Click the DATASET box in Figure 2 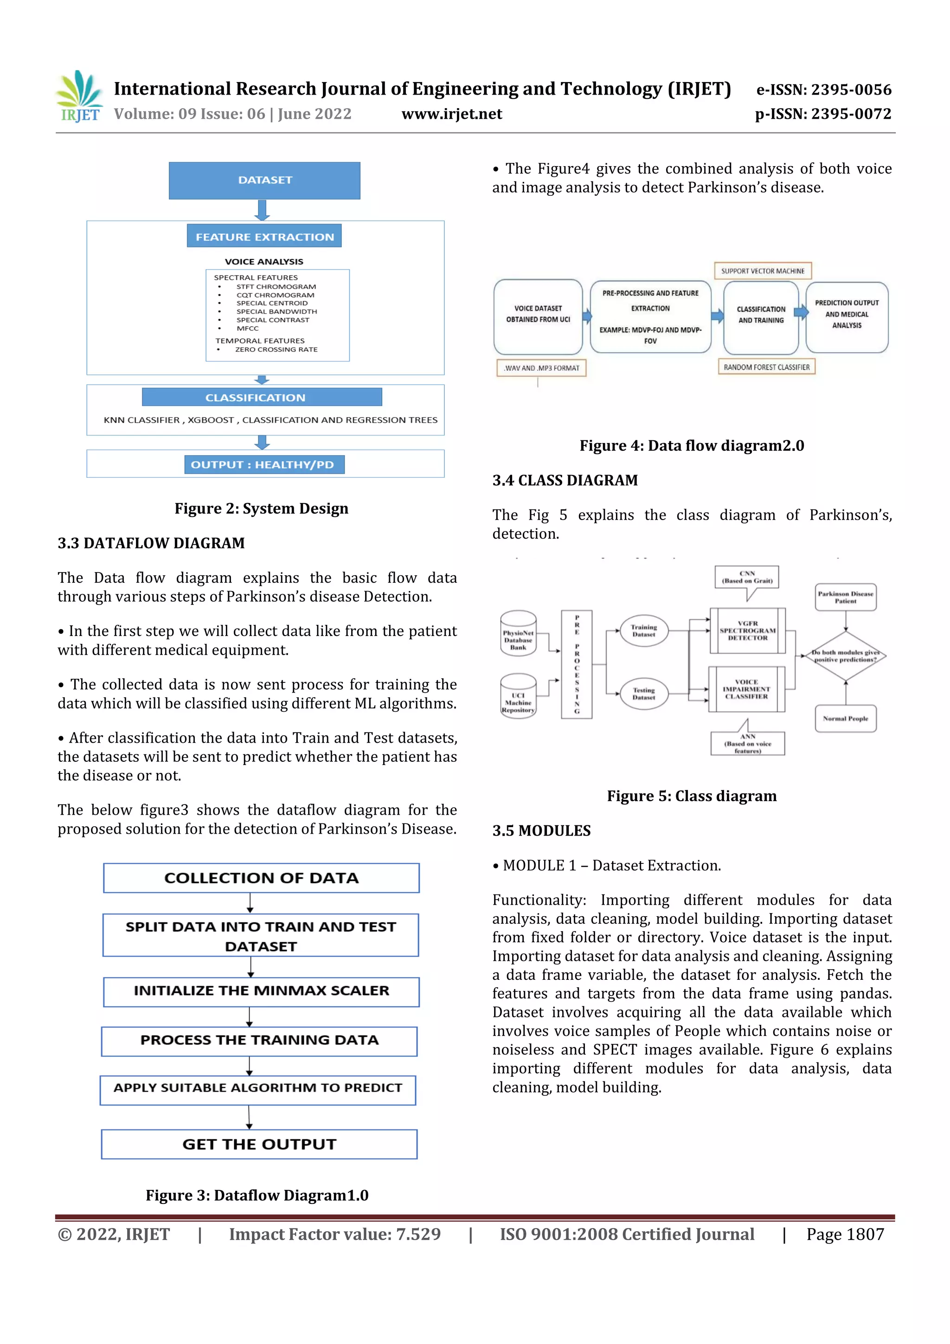coord(264,180)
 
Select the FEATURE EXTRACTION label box coord(264,237)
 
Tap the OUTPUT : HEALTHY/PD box coord(263,465)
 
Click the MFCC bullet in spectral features coord(247,328)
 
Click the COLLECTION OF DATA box coord(261,878)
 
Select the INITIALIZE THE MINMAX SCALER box coord(261,991)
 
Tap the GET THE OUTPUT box coord(259,1145)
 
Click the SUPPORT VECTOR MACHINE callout coord(762,271)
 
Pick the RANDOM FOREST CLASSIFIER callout coord(766,367)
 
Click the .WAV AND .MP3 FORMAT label coord(541,368)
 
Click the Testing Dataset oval coord(643,694)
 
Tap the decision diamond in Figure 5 coord(845,656)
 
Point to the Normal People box coord(845,719)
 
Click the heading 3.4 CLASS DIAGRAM coord(565,481)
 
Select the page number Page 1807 coord(845,1235)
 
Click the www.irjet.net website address coord(451,114)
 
